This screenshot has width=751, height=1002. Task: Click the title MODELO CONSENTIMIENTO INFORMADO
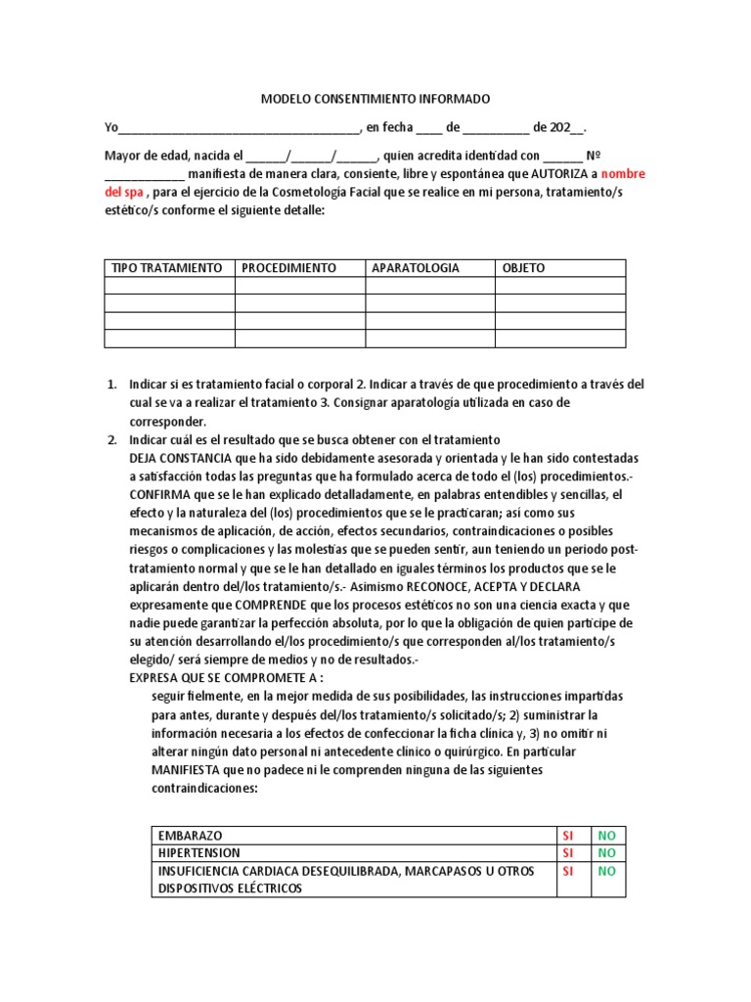pos(375,100)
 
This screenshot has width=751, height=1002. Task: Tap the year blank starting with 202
pos(567,128)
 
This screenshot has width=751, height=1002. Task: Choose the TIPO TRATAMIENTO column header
pos(167,268)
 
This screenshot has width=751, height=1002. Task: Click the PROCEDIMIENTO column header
pos(289,268)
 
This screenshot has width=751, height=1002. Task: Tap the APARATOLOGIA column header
pos(416,268)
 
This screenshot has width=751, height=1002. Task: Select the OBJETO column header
pos(524,268)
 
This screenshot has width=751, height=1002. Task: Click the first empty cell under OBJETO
pos(559,286)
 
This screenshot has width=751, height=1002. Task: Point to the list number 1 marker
pos(112,385)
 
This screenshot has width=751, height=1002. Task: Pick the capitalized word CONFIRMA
pos(161,494)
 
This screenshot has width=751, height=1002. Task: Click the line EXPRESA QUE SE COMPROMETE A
pos(226,678)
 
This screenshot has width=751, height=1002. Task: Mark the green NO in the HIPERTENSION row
pos(607,852)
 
